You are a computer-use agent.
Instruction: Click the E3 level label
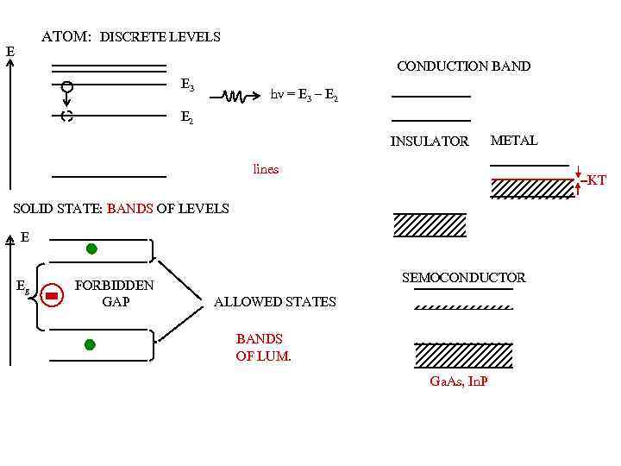pyautogui.click(x=186, y=85)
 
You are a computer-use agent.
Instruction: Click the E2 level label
pyautogui.click(x=186, y=118)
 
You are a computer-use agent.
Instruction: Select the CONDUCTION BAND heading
pyautogui.click(x=463, y=66)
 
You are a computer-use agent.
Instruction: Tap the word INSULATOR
pyautogui.click(x=430, y=141)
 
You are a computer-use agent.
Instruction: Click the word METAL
pyautogui.click(x=513, y=140)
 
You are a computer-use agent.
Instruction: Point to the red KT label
pyautogui.click(x=595, y=180)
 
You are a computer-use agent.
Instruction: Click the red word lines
pyautogui.click(x=266, y=169)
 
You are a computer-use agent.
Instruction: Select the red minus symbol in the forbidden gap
pyautogui.click(x=52, y=296)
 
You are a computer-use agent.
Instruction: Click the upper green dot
pyautogui.click(x=91, y=249)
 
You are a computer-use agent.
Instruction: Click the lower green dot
pyautogui.click(x=90, y=344)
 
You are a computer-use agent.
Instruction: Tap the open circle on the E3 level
pyautogui.click(x=66, y=86)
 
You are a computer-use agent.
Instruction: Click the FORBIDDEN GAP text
pyautogui.click(x=115, y=293)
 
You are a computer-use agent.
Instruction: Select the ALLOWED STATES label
pyautogui.click(x=274, y=301)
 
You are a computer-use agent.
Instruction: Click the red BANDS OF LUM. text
pyautogui.click(x=263, y=347)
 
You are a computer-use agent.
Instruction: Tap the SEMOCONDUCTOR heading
pyautogui.click(x=463, y=277)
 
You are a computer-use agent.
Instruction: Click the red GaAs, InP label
pyautogui.click(x=458, y=381)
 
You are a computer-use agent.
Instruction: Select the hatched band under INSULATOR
pyautogui.click(x=430, y=224)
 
